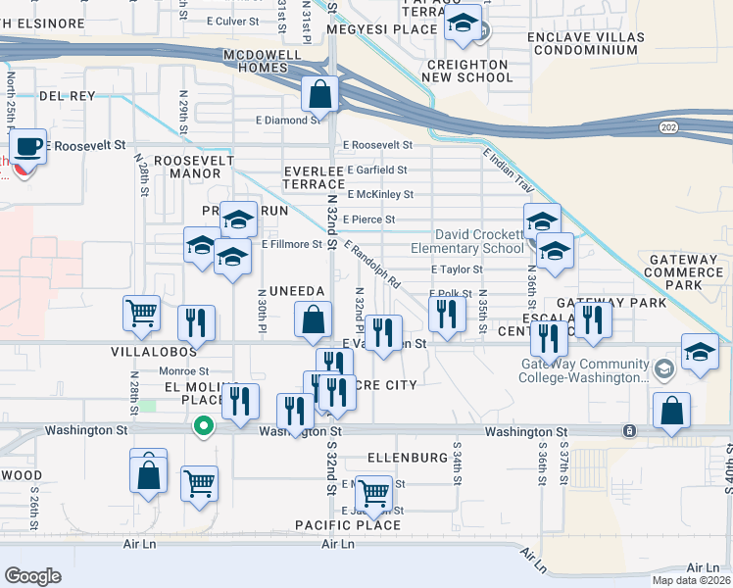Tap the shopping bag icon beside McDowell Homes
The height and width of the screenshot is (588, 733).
(319, 95)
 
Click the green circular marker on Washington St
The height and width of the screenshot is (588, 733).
(203, 426)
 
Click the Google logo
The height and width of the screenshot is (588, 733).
(32, 576)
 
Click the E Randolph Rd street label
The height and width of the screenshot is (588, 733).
(372, 265)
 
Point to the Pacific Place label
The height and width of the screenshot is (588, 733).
(348, 526)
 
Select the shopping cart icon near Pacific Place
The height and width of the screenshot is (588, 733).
(373, 492)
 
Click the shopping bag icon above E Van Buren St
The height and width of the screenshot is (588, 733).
(312, 318)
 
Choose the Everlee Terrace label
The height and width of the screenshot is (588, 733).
(314, 177)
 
